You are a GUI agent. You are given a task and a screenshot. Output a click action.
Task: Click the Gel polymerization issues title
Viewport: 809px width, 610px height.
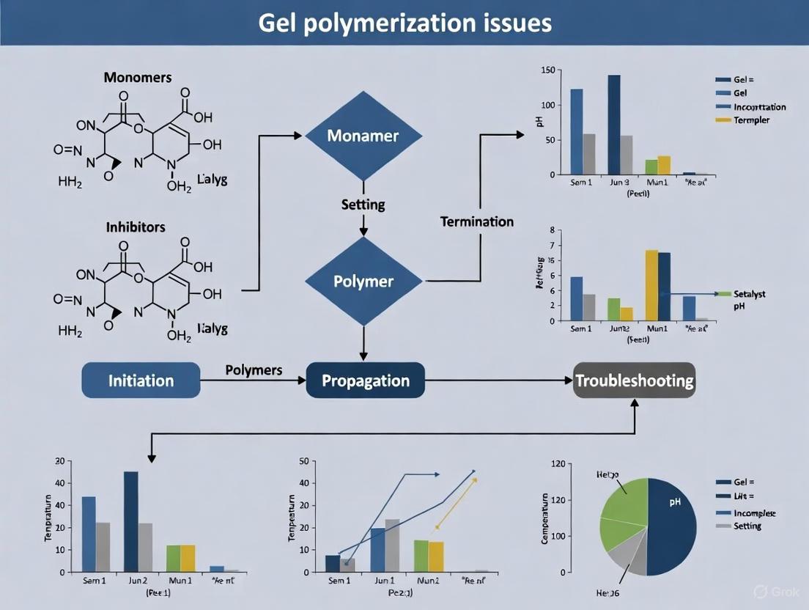(x=404, y=23)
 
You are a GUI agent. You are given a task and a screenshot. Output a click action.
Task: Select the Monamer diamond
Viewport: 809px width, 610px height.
(x=363, y=136)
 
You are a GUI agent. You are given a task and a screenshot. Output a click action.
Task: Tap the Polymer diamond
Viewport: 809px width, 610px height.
(x=363, y=282)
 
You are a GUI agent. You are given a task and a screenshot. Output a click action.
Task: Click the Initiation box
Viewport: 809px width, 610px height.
(x=141, y=381)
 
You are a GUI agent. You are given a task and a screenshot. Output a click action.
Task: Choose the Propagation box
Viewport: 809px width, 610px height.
(x=365, y=381)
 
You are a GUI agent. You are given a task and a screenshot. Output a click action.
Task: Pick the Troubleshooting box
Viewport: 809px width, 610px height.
(x=634, y=381)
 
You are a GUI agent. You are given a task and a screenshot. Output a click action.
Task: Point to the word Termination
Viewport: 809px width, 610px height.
(x=476, y=221)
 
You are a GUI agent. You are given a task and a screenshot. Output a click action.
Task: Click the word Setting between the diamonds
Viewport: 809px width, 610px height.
(x=363, y=205)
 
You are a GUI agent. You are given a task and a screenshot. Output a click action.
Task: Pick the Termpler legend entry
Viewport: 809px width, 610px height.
(x=751, y=120)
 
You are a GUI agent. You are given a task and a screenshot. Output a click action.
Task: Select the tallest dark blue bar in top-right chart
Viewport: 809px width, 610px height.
(x=614, y=125)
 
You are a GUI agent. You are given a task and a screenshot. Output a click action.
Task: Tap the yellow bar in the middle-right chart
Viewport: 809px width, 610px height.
(x=651, y=285)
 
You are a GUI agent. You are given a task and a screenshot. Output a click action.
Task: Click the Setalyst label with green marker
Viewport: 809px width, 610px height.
(x=749, y=293)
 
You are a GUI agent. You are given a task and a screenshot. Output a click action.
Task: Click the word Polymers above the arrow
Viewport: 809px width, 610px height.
(x=254, y=370)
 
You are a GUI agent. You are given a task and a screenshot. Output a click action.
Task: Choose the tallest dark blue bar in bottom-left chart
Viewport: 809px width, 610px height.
(x=131, y=521)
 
